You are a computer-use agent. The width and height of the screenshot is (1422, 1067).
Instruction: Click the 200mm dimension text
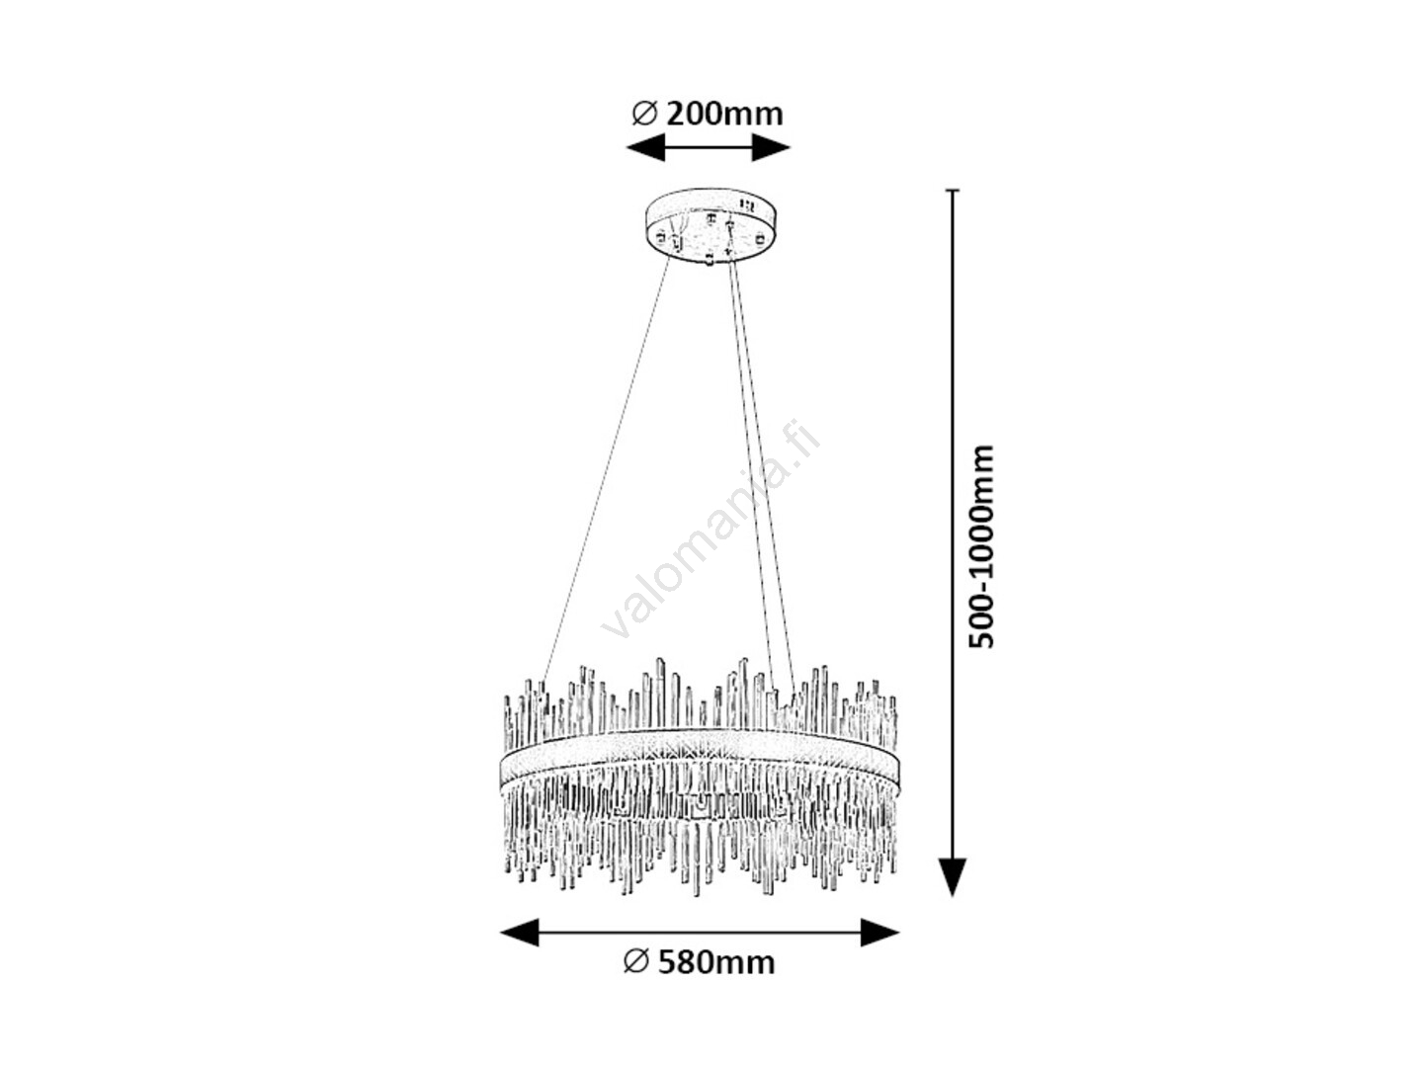[x=724, y=115]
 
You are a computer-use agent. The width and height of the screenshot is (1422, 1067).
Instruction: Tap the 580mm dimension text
[x=715, y=980]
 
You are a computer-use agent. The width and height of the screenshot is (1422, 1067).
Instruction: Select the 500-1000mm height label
[x=981, y=546]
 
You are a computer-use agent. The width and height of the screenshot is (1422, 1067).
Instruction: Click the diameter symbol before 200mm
[x=644, y=115]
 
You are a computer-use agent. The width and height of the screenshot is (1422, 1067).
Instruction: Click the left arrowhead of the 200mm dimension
[x=644, y=147]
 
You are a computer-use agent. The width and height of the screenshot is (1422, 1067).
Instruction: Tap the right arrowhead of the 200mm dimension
[x=771, y=147]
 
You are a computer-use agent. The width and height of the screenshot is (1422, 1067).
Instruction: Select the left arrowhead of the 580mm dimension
[x=520, y=933]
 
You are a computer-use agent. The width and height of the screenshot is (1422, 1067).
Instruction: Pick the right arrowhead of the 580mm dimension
[x=879, y=933]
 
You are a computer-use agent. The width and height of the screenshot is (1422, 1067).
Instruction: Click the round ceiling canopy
[x=711, y=225]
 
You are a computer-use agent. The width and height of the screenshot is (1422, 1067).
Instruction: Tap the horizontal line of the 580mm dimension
[x=700, y=933]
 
